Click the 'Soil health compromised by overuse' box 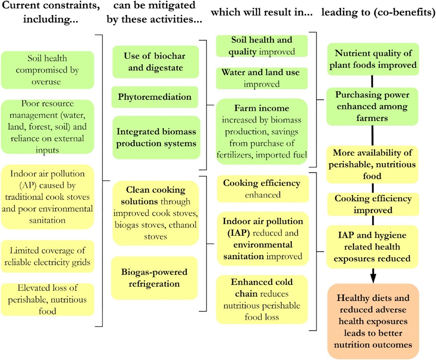(x=47, y=70)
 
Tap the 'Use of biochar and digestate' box (x=156, y=62)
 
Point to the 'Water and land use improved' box (x=261, y=78)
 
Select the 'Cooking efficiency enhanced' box (x=262, y=189)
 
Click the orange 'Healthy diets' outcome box (x=372, y=321)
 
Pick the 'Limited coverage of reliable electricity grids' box (x=47, y=257)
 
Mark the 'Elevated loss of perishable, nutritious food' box (x=47, y=299)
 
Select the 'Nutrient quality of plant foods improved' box (x=372, y=59)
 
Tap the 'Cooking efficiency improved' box (x=372, y=204)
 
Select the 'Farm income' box (x=262, y=131)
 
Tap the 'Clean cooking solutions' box (x=156, y=213)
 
